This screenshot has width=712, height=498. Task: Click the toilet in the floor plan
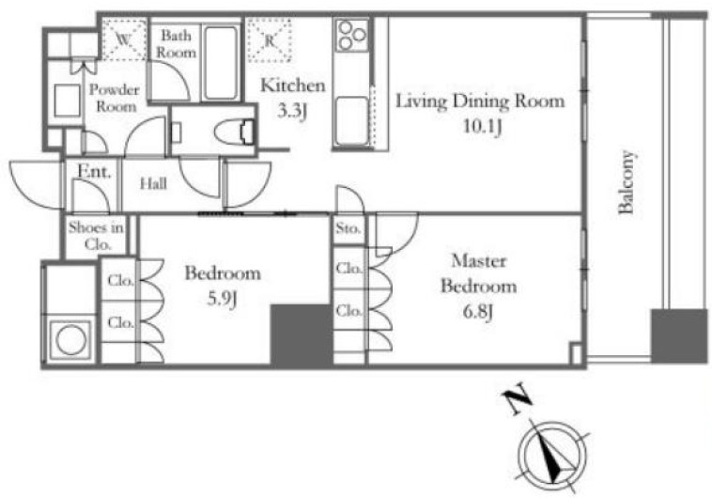233,132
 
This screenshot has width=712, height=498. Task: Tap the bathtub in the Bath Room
220,63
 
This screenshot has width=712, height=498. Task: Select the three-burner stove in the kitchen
352,35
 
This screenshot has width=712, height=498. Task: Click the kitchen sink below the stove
352,121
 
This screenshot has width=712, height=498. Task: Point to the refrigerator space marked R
270,40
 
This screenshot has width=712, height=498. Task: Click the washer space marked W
123,39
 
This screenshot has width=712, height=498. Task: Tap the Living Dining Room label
480,101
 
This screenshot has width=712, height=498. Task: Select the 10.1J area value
482,126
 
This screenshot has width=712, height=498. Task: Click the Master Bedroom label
479,273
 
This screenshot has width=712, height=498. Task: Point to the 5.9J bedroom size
222,300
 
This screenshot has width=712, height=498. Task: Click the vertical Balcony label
627,181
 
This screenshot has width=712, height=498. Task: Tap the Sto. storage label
348,227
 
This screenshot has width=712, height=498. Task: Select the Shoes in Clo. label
96,235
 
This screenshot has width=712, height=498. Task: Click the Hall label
153,183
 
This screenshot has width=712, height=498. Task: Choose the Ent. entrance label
94,171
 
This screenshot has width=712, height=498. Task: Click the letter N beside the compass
518,398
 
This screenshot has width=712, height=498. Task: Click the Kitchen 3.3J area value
292,111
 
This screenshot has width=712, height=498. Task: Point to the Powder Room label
115,98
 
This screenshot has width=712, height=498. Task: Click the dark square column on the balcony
679,336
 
